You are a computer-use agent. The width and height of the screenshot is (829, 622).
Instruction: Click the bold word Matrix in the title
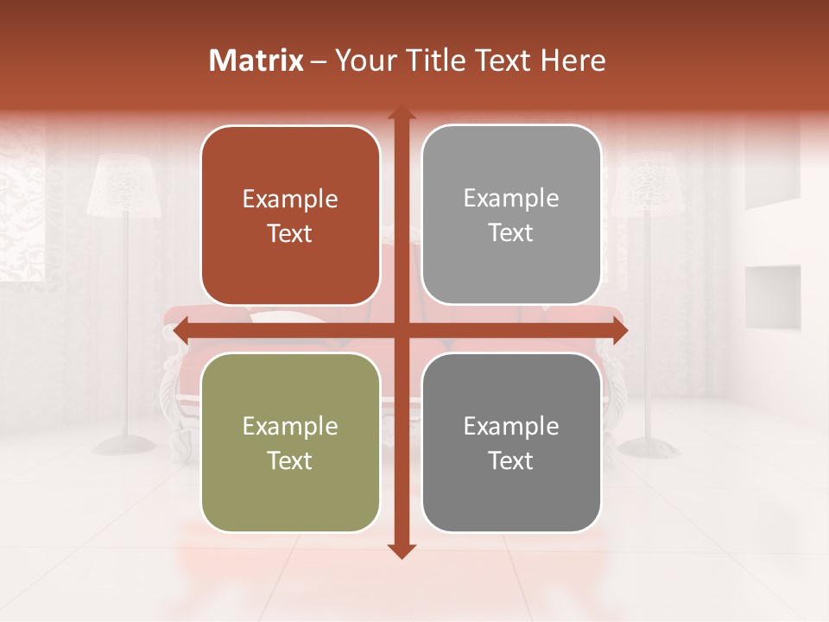click(256, 60)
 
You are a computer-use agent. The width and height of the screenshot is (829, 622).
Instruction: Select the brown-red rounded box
click(290, 215)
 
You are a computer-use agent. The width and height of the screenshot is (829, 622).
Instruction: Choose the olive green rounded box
click(290, 442)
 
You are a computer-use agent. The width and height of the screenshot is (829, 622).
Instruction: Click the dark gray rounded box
click(511, 442)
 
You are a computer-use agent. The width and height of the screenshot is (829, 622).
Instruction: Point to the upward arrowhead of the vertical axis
click(401, 113)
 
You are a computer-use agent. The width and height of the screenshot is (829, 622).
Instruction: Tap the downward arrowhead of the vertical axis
click(401, 550)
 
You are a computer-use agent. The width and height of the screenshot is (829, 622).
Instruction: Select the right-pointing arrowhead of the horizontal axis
click(619, 330)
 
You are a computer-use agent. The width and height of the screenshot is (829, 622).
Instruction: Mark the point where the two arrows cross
click(401, 330)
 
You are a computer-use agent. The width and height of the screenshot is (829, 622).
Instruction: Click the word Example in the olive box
click(290, 426)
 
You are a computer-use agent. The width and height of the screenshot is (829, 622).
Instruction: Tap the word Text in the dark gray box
click(511, 461)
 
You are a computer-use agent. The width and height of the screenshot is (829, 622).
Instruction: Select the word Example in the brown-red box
click(290, 199)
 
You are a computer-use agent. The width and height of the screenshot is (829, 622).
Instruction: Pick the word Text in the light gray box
click(511, 233)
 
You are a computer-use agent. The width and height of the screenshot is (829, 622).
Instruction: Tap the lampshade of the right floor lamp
click(644, 183)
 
